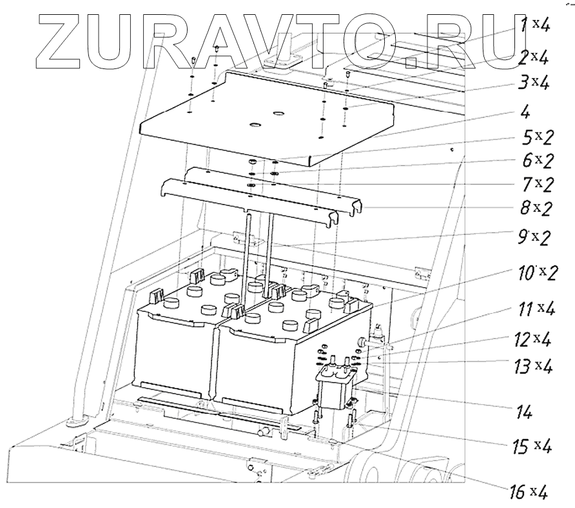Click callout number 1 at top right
tap(525, 26)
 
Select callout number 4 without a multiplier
tap(525, 112)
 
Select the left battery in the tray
tap(174, 349)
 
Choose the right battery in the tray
tap(258, 361)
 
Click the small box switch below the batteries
tap(335, 387)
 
